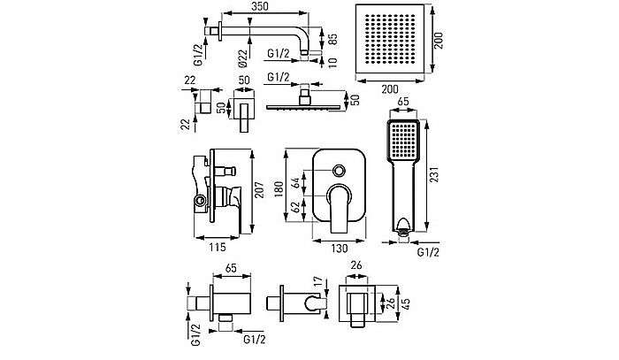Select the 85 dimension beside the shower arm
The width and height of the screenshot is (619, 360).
click(332, 40)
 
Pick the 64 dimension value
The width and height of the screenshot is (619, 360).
click(307, 187)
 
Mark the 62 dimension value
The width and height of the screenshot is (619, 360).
click(307, 212)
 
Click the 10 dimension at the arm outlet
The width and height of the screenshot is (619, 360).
click(332, 61)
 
